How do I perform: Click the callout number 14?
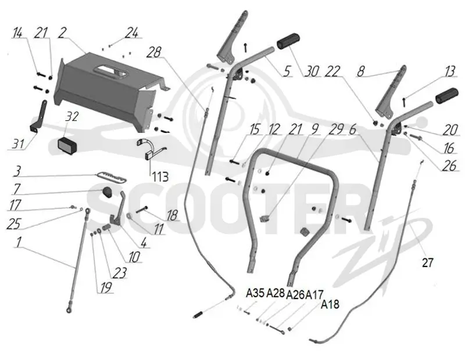coord(17,33)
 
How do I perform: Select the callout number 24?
coord(132,33)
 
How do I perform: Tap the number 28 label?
coord(154,52)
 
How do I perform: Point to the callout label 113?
coord(160,177)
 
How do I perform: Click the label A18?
coord(330,304)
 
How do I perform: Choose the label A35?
coord(255,293)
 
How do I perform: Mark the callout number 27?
coord(427,262)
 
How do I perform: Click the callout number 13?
coord(448,71)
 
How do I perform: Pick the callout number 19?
coord(106,287)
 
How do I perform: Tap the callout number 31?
coord(19,143)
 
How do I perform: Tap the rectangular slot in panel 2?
coord(110,71)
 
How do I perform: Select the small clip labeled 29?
coord(263,219)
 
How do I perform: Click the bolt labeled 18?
coord(142,210)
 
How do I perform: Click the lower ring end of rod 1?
coord(69,310)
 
